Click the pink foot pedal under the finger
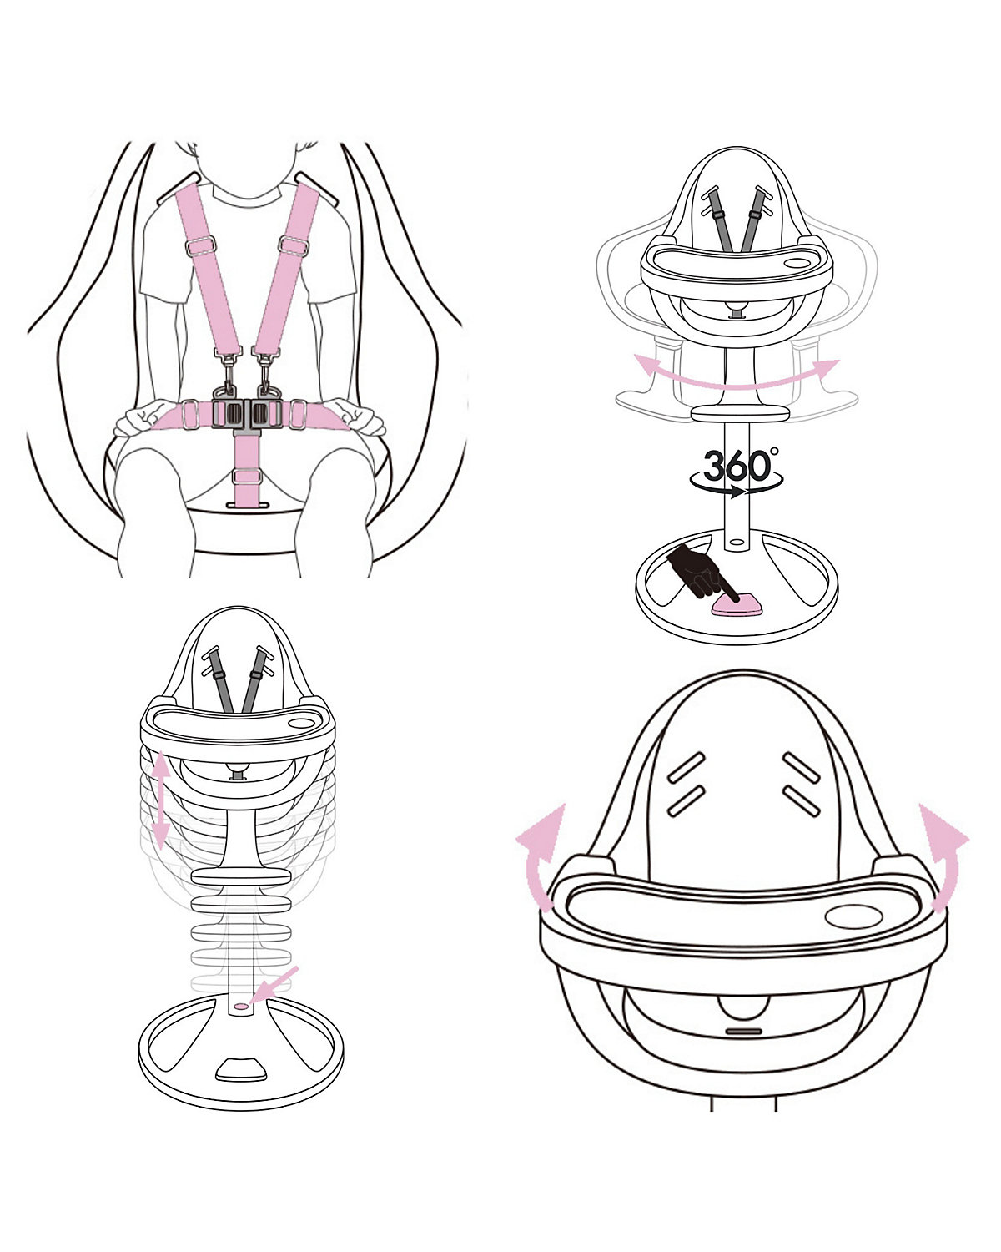(737, 606)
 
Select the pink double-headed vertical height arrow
(160, 800)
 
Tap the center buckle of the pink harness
(247, 414)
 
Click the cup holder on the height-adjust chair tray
(302, 723)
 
